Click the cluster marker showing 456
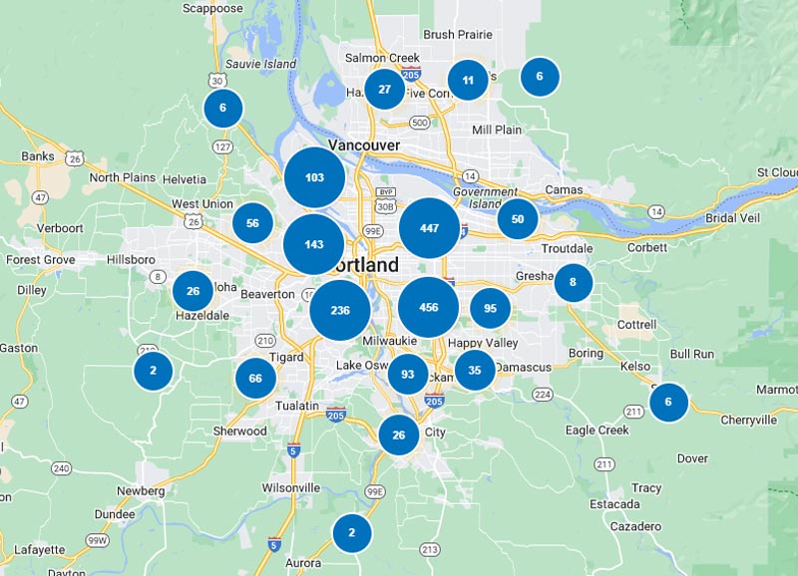point(429,308)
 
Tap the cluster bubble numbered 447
point(429,228)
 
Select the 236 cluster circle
point(340,310)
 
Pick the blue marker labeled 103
point(315,177)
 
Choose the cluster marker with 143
point(314,244)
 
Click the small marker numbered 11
point(468,81)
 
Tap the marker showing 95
point(491,309)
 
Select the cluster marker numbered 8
point(573,282)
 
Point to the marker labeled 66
point(255,378)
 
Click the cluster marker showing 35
point(475,370)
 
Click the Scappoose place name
point(213,8)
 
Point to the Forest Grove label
point(40,260)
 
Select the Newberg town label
point(141,491)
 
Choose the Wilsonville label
point(290,488)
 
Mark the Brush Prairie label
point(458,35)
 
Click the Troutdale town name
point(567,248)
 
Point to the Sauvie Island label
point(261,64)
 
